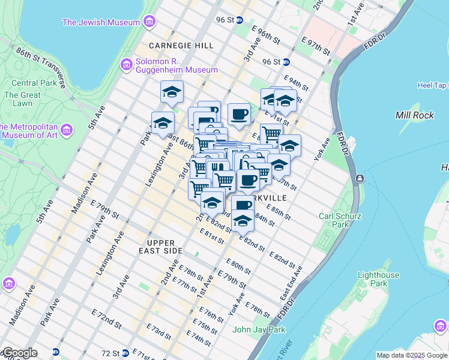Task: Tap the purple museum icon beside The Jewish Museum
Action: coord(149,23)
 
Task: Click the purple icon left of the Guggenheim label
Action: coord(126,65)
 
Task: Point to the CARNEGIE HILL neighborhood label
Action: coord(181,46)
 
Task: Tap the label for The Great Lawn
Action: coord(22,99)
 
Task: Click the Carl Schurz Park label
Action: coord(334,220)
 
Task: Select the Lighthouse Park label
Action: coord(378,279)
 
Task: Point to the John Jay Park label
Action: coord(259,329)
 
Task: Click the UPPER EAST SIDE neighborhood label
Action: coord(161,247)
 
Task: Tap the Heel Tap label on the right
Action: coord(432,85)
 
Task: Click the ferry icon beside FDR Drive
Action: coord(360,178)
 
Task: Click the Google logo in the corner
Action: coord(19,353)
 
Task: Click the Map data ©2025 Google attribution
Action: coord(412,355)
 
